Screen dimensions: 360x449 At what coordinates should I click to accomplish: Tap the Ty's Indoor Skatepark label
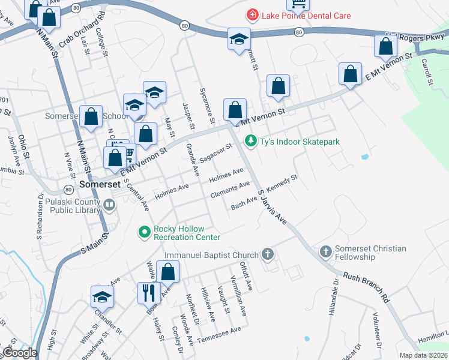(300, 142)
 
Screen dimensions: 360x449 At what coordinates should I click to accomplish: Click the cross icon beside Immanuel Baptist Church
(267, 255)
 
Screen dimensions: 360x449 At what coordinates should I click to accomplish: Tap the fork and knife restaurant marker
(148, 293)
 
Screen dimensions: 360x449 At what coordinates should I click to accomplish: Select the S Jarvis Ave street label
(272, 207)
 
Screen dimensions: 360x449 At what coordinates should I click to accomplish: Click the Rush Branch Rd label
(366, 288)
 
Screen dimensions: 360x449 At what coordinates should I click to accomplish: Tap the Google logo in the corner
(19, 353)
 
